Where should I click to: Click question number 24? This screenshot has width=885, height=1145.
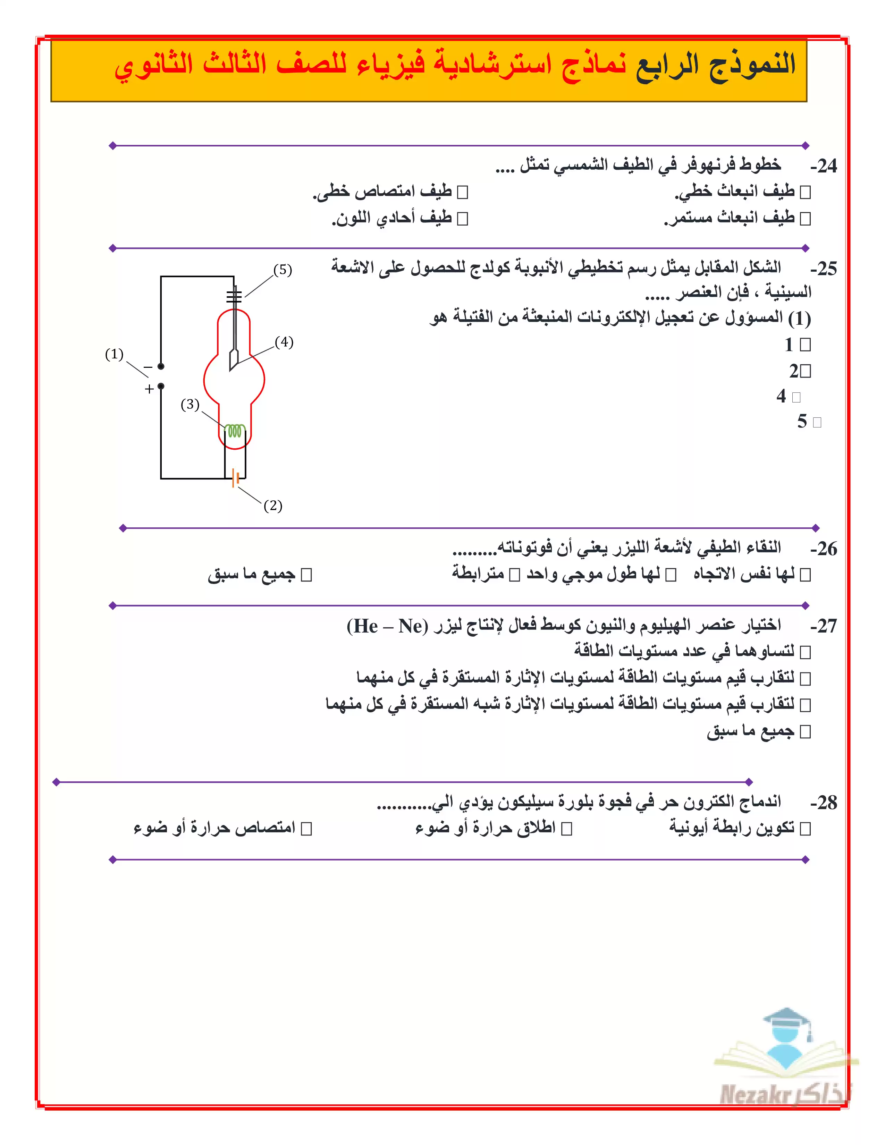pos(823,166)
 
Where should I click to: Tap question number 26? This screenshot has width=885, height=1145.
pos(823,549)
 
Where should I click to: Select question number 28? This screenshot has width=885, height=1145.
pos(823,803)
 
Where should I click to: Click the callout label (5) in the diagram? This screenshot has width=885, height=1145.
pos(283,270)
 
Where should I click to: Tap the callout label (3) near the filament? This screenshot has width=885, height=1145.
pos(190,404)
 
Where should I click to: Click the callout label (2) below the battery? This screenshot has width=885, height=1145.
pos(273,506)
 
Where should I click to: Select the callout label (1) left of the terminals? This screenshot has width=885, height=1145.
pos(114,354)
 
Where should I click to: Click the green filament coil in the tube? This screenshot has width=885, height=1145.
pos(235,431)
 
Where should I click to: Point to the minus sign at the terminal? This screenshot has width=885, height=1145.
pos(149,367)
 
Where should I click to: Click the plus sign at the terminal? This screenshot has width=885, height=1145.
pos(149,389)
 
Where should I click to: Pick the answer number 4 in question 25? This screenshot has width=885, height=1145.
pos(781,396)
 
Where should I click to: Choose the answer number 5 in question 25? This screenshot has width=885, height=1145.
pos(802,422)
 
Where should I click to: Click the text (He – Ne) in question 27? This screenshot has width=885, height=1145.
pos(387,626)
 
